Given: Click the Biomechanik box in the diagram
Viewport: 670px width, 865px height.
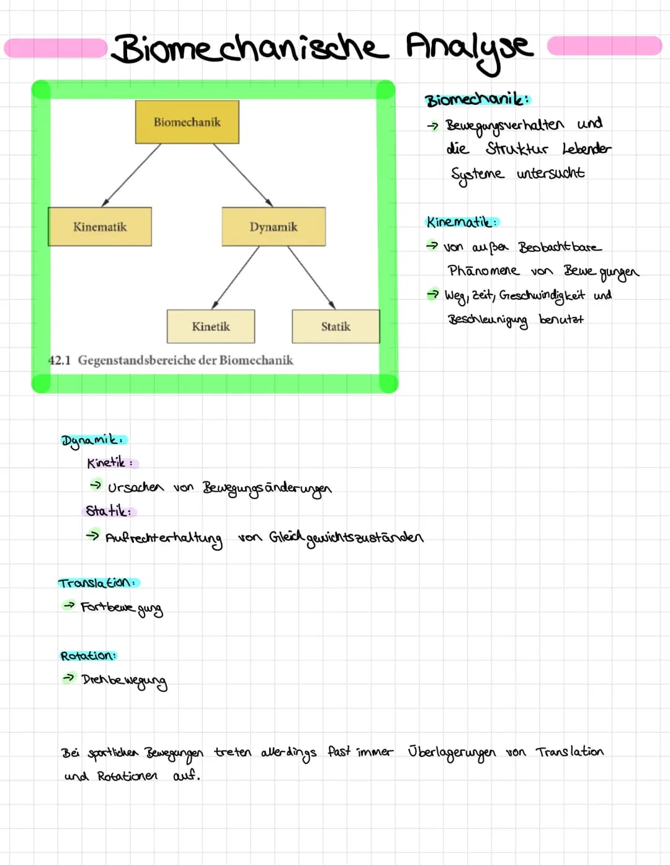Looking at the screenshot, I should pos(187,122).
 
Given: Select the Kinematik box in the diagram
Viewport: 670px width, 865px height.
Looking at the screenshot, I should pos(100,227).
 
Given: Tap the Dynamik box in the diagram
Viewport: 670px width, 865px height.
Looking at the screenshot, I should pos(274,227).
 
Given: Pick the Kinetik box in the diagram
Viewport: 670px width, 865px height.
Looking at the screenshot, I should pos(211,326).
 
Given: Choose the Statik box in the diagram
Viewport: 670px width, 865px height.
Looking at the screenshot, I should pos(336,326).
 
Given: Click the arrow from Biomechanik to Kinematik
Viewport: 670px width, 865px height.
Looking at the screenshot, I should pos(132,175).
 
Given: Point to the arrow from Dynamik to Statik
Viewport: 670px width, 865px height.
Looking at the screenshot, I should pos(311,277).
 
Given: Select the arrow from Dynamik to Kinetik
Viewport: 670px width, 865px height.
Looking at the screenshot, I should pos(235,277).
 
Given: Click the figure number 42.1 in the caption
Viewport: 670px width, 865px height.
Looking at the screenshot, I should pos(60,360).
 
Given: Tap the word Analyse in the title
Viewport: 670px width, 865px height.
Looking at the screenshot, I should pos(469,48).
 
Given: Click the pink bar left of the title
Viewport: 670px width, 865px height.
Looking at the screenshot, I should pos(56,48).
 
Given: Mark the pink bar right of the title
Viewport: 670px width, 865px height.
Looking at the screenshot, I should pos(604,46).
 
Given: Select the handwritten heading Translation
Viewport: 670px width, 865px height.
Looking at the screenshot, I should pos(98,583).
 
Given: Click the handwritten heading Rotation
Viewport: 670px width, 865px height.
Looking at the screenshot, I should pos(88,656).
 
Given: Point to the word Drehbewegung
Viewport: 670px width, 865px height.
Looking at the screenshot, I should pos(124,680).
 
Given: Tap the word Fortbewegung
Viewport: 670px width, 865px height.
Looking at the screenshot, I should pos(122,608).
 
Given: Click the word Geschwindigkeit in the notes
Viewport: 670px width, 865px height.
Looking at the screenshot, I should pos(542,296).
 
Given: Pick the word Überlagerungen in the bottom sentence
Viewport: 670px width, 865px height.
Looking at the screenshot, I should pos(452,752).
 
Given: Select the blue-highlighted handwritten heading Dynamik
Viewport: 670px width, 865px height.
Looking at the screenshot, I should pos(94,440).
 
